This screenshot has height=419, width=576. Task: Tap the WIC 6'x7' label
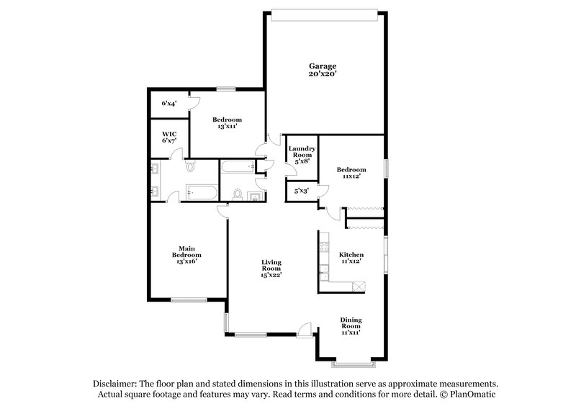tap(169, 137)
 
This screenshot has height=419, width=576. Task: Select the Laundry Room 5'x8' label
tap(300, 155)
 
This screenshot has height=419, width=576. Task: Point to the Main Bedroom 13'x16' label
tap(186, 255)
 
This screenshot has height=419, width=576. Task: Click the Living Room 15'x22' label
tap(271, 268)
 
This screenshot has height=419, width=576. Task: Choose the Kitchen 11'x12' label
tap(351, 258)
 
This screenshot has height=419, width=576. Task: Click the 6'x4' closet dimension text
tap(169, 104)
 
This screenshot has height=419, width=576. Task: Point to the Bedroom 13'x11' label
tap(226, 122)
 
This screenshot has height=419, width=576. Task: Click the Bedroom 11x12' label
tap(351, 173)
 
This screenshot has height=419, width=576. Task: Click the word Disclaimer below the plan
tap(115, 384)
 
